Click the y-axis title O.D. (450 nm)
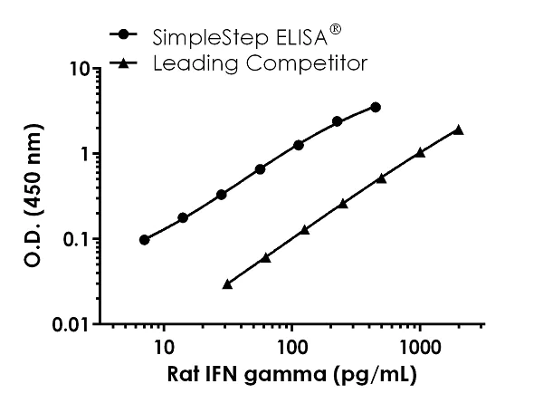(33, 196)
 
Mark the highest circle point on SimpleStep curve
(376, 107)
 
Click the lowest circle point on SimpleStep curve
(145, 240)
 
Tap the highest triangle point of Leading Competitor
(458, 130)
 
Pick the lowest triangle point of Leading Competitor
(227, 283)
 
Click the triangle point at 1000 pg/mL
(420, 152)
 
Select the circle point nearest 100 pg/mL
(298, 145)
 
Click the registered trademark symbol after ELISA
(336, 29)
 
